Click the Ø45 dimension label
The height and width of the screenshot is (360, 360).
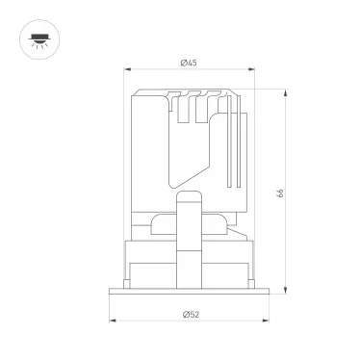pos(189,63)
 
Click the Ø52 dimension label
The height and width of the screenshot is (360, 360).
pos(191,315)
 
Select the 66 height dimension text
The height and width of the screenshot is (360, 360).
pos(280,193)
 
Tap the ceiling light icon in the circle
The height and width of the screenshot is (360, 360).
pos(39,40)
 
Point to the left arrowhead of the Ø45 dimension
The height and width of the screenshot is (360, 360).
pos(128,69)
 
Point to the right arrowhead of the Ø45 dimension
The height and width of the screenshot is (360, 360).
pos(251,69)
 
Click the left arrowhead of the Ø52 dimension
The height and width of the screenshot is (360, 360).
pos(113,321)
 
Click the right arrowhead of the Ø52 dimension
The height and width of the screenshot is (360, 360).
pos(266,321)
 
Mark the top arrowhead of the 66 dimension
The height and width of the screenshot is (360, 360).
pos(285,93)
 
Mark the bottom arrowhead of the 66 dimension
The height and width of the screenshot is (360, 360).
pos(285,290)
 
